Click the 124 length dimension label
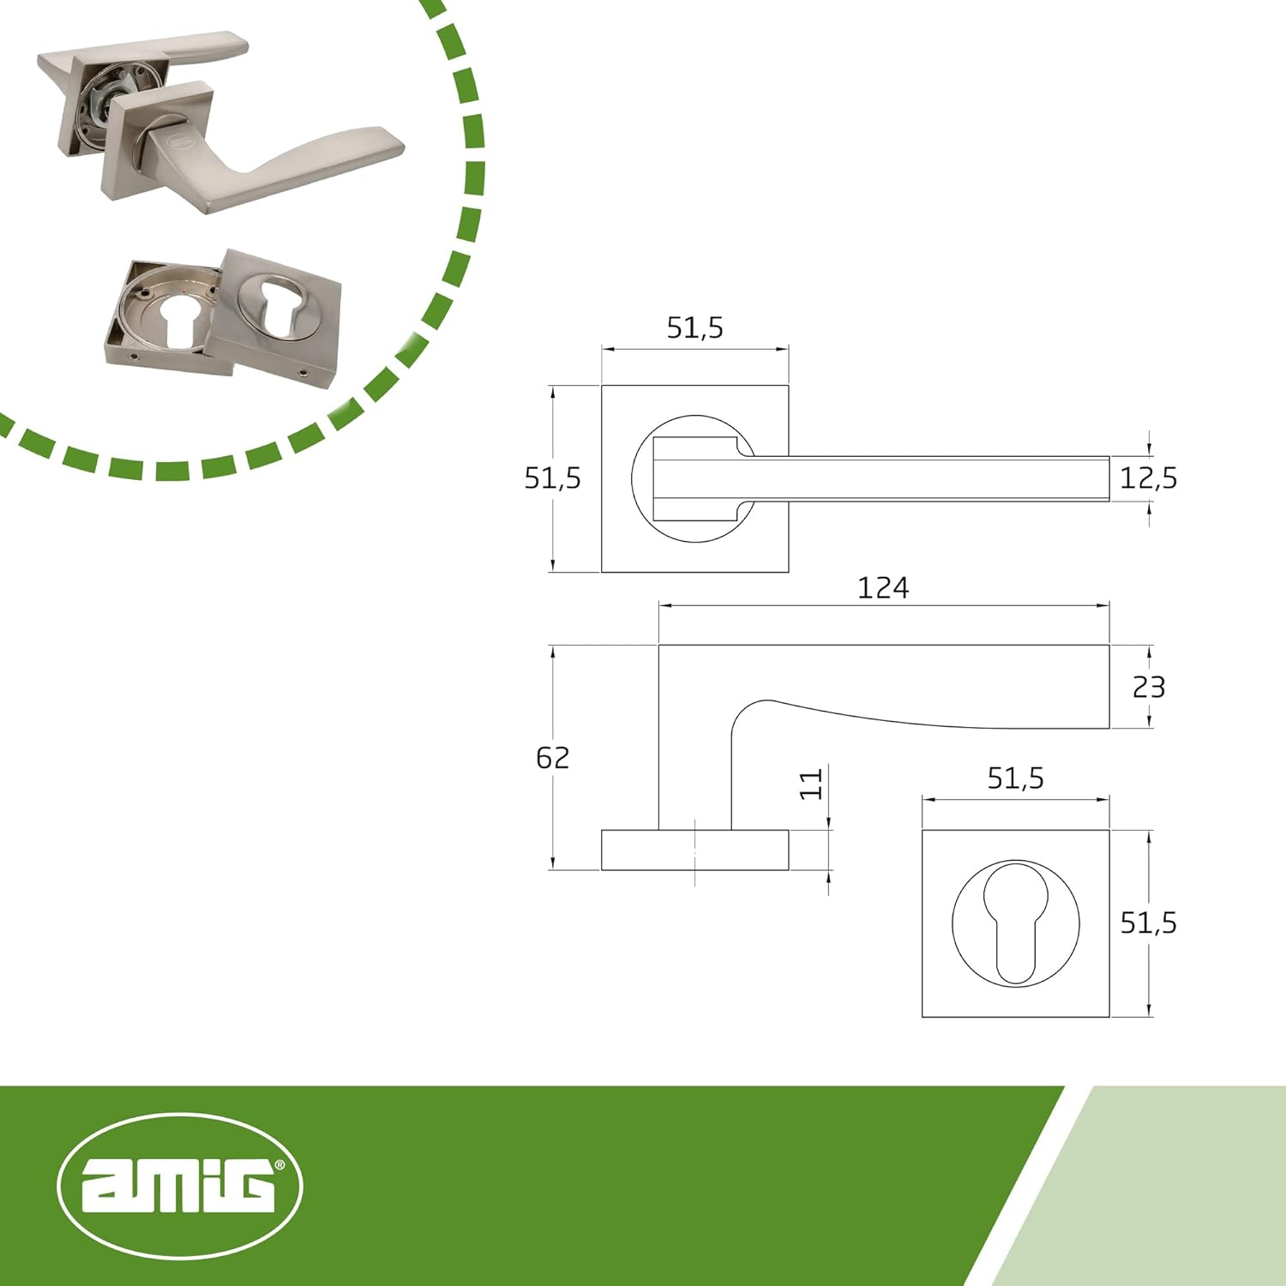(x=882, y=588)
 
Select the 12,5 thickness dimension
(x=1148, y=478)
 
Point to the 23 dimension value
(x=1148, y=687)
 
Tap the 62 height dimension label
(x=552, y=758)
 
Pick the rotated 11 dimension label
(x=811, y=784)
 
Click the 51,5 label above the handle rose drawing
(x=694, y=328)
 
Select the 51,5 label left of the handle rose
(x=552, y=478)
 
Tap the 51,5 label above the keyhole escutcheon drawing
(x=1015, y=778)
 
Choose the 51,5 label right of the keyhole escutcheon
(x=1148, y=923)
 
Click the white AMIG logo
(x=179, y=1187)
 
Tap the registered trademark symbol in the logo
(x=279, y=1166)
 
